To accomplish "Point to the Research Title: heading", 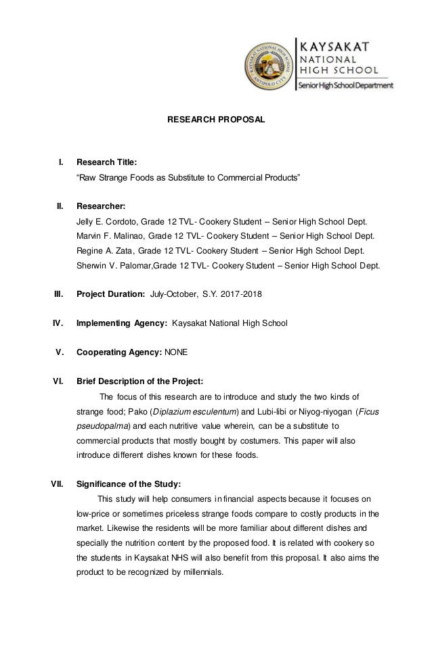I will pyautogui.click(x=106, y=163).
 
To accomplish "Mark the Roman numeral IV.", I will pyautogui.click(x=58, y=323).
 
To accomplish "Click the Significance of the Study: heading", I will pyautogui.click(x=129, y=484).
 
